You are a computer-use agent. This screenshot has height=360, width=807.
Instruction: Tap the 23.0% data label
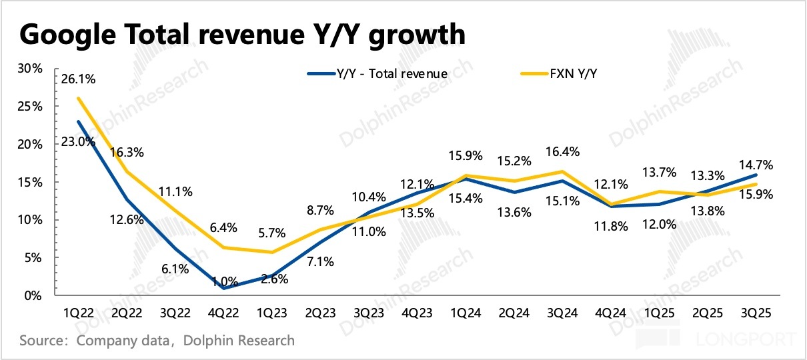[78, 141]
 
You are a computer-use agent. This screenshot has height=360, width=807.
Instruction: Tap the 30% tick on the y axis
[31, 69]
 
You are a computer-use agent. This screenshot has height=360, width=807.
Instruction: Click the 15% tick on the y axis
[31, 182]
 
